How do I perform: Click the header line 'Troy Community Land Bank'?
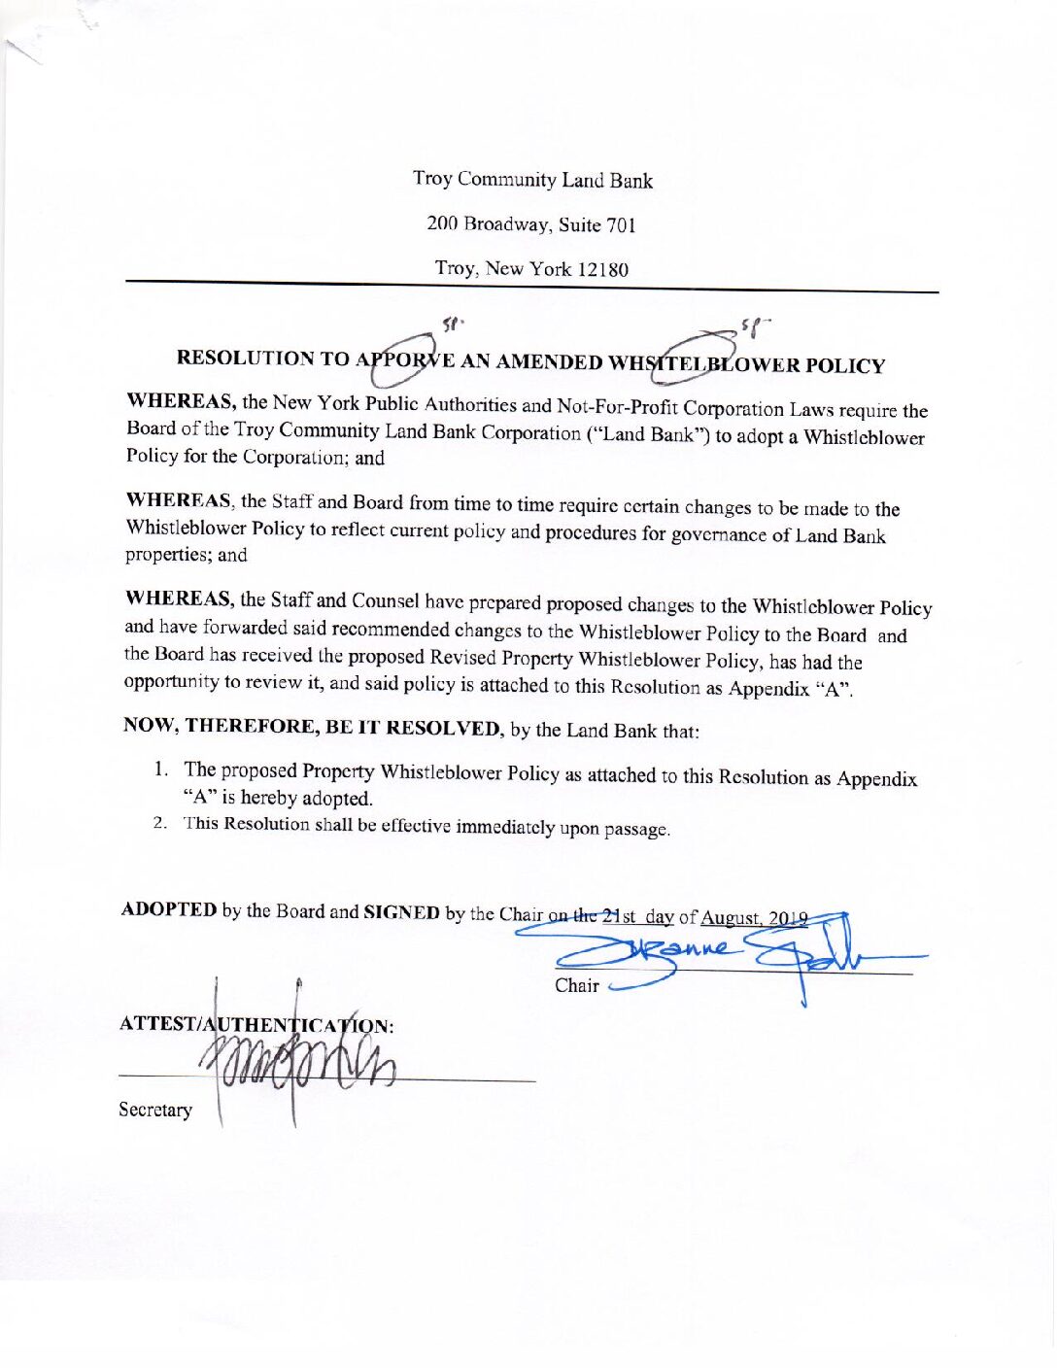532,180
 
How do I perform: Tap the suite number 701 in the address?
621,225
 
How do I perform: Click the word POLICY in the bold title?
844,366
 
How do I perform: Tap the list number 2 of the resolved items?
160,823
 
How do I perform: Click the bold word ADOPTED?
169,909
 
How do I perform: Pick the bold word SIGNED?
401,912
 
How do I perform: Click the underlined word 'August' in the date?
730,917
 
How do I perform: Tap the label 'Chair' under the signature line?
577,985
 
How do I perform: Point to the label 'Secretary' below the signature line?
155,1110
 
